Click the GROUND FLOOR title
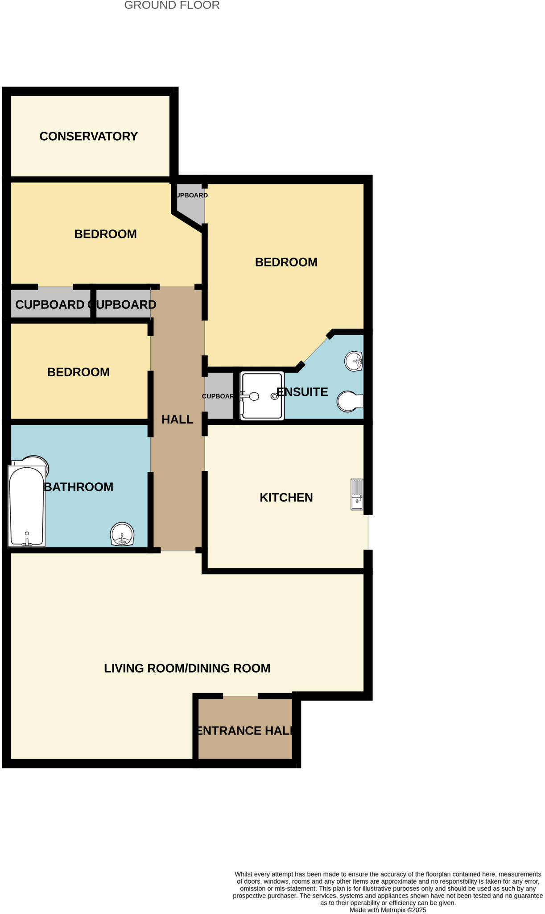pyautogui.click(x=172, y=5)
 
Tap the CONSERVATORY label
pyautogui.click(x=88, y=136)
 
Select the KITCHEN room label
pyautogui.click(x=286, y=497)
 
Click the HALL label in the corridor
pyautogui.click(x=177, y=419)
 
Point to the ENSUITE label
pyautogui.click(x=302, y=392)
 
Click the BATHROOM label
pyautogui.click(x=79, y=486)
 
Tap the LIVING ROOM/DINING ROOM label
pyautogui.click(x=187, y=668)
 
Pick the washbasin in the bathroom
pyautogui.click(x=122, y=534)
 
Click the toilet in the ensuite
pyautogui.click(x=350, y=401)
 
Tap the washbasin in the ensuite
pyautogui.click(x=354, y=361)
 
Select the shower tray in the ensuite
pyautogui.click(x=262, y=396)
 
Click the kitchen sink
pyautogui.click(x=357, y=494)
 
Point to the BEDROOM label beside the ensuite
pyautogui.click(x=286, y=262)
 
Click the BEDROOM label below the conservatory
pyautogui.click(x=105, y=234)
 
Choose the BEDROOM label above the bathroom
pyautogui.click(x=78, y=372)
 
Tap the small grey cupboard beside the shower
pyautogui.click(x=219, y=396)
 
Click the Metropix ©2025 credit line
pyautogui.click(x=388, y=910)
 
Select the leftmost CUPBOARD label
pyautogui.click(x=50, y=304)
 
